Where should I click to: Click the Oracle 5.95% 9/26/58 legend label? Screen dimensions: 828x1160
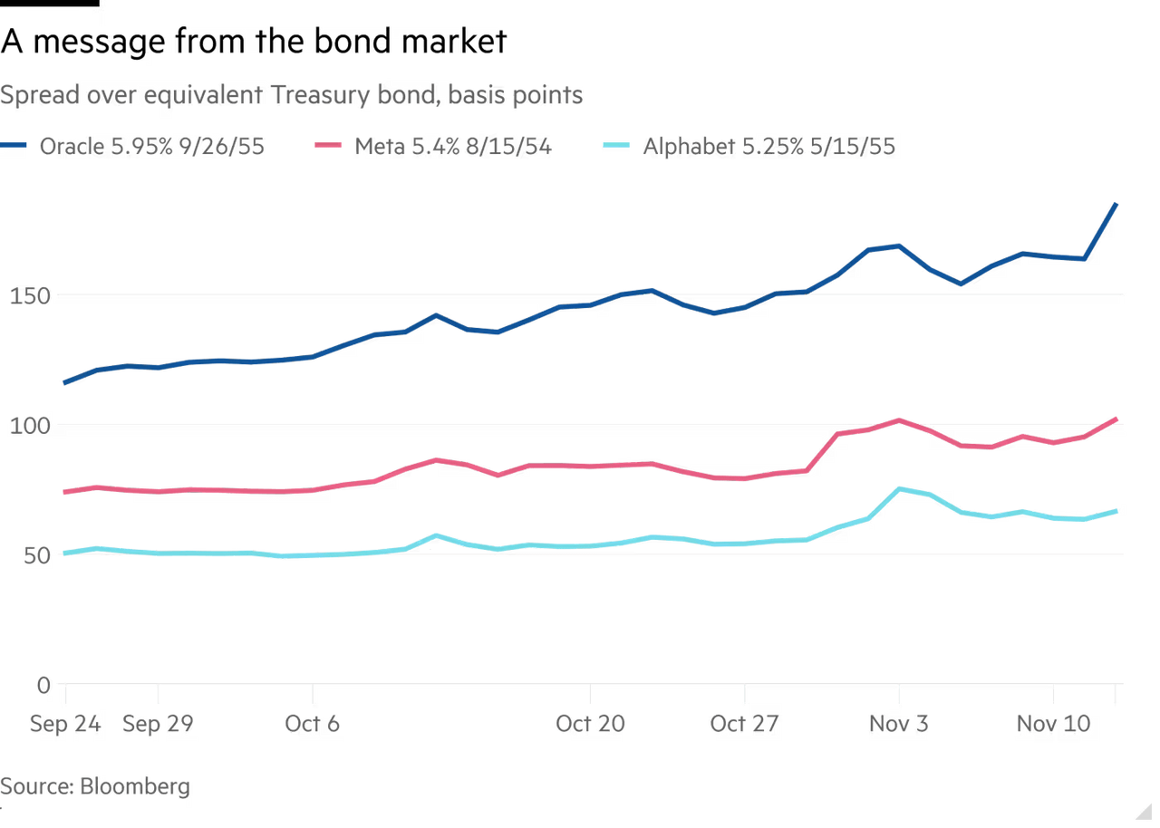(150, 147)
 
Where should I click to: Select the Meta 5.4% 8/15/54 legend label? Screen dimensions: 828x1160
(453, 147)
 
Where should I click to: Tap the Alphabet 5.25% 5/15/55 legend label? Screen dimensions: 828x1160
(768, 147)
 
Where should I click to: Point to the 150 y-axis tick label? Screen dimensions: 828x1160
(26, 297)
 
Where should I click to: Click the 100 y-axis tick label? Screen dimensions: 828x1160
(26, 427)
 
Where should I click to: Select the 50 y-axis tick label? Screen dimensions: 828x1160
(20, 555)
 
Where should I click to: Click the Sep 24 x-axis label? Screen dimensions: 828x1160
(64, 724)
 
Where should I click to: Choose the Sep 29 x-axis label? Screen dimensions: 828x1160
(158, 724)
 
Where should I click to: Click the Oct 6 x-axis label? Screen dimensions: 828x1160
(312, 724)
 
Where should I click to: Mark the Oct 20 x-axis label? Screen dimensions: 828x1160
(590, 724)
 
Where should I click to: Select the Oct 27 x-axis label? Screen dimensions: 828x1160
(744, 724)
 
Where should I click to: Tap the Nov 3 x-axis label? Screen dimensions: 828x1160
(898, 724)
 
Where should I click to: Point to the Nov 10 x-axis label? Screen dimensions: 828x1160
(1052, 724)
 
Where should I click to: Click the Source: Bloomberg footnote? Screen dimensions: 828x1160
(95, 785)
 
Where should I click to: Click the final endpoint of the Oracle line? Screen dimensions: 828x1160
(1116, 205)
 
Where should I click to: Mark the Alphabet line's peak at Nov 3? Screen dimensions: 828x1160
(899, 487)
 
